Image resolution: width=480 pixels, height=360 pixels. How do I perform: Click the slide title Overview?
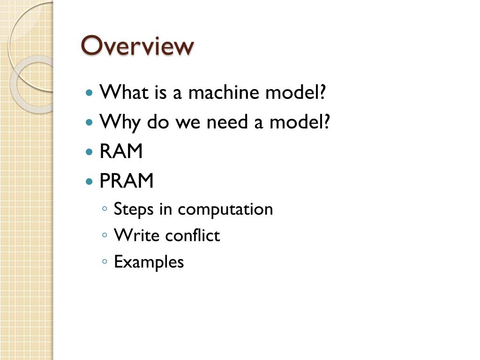[137, 46]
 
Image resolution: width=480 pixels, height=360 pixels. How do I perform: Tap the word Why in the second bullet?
[120, 123]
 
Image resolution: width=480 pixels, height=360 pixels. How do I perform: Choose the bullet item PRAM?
[127, 181]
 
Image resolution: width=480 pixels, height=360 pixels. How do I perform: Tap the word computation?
[225, 209]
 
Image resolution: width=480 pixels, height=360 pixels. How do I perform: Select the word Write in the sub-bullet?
[134, 235]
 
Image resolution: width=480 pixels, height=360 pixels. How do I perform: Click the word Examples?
[149, 262]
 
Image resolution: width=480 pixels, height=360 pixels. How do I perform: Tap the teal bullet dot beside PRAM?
[90, 181]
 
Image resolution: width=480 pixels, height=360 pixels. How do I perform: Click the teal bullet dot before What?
[90, 93]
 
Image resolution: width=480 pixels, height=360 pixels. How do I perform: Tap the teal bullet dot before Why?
[90, 123]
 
